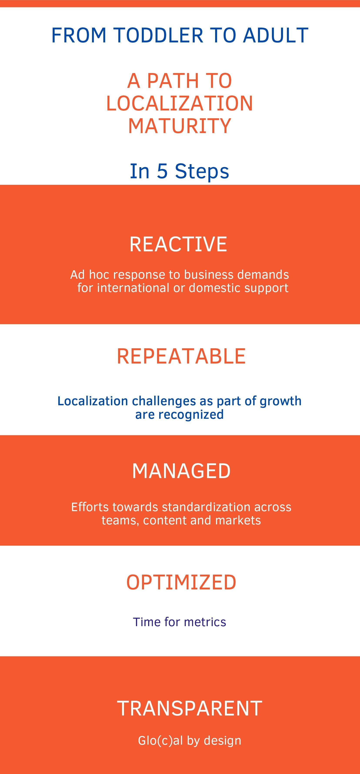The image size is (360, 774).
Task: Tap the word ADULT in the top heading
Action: coord(276,35)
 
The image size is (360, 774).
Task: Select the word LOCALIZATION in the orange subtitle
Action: coord(180,103)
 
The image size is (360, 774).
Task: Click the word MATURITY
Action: coord(180,126)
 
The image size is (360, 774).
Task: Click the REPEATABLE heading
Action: coord(181,356)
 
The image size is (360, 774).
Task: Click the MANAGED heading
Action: coord(181,471)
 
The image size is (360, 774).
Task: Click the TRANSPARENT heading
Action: coord(190,709)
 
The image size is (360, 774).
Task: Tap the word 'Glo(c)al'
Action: coord(161,741)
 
